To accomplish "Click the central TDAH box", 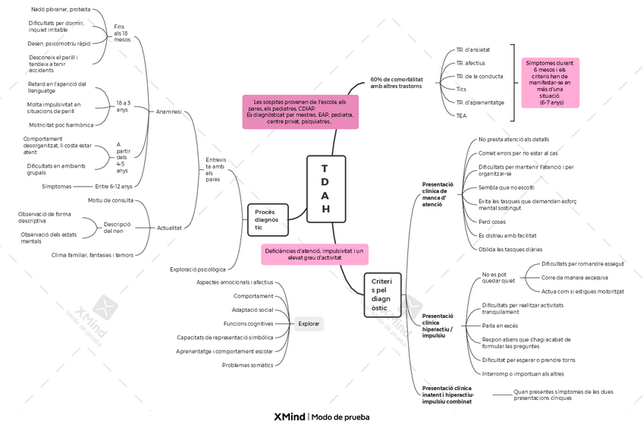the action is (x=326, y=189).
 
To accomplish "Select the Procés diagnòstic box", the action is (x=268, y=219).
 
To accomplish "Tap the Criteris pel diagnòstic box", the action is (x=382, y=294).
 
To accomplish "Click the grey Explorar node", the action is (x=309, y=323).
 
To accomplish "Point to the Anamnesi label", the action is (x=168, y=112).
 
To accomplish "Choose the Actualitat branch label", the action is (x=169, y=228).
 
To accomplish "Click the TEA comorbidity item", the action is (x=461, y=116).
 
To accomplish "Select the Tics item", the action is (x=461, y=89).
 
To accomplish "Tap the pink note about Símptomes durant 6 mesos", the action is (x=550, y=83).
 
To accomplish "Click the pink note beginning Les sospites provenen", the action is (x=300, y=112).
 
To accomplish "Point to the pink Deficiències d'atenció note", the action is (x=315, y=254).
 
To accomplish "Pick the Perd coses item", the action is (x=491, y=222).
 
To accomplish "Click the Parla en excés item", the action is (x=500, y=326).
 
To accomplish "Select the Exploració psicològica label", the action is (x=198, y=269).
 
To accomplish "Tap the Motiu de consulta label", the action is (x=111, y=200).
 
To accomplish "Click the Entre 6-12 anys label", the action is (x=114, y=187).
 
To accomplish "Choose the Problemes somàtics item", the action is (x=248, y=365).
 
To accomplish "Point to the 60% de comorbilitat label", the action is (x=397, y=83).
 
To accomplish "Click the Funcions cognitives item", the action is (x=249, y=323).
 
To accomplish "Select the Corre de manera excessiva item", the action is (x=575, y=278).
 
